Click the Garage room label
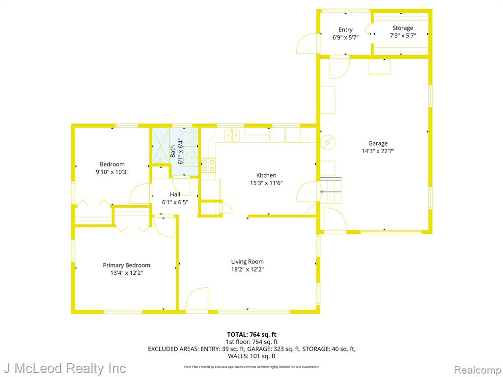(x=378, y=143)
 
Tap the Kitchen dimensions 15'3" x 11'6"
(x=266, y=183)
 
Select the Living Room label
(x=248, y=262)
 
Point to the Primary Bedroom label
(x=126, y=265)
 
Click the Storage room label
(x=403, y=28)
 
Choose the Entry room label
(x=345, y=30)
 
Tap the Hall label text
(x=175, y=194)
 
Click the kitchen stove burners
(x=208, y=165)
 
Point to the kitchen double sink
(x=232, y=135)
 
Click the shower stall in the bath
(x=161, y=146)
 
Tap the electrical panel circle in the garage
(x=328, y=142)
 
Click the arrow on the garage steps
(x=331, y=192)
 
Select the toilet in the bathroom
(x=192, y=137)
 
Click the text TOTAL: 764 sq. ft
(x=252, y=335)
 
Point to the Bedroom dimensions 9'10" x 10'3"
(x=112, y=172)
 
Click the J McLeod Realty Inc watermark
(x=65, y=368)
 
